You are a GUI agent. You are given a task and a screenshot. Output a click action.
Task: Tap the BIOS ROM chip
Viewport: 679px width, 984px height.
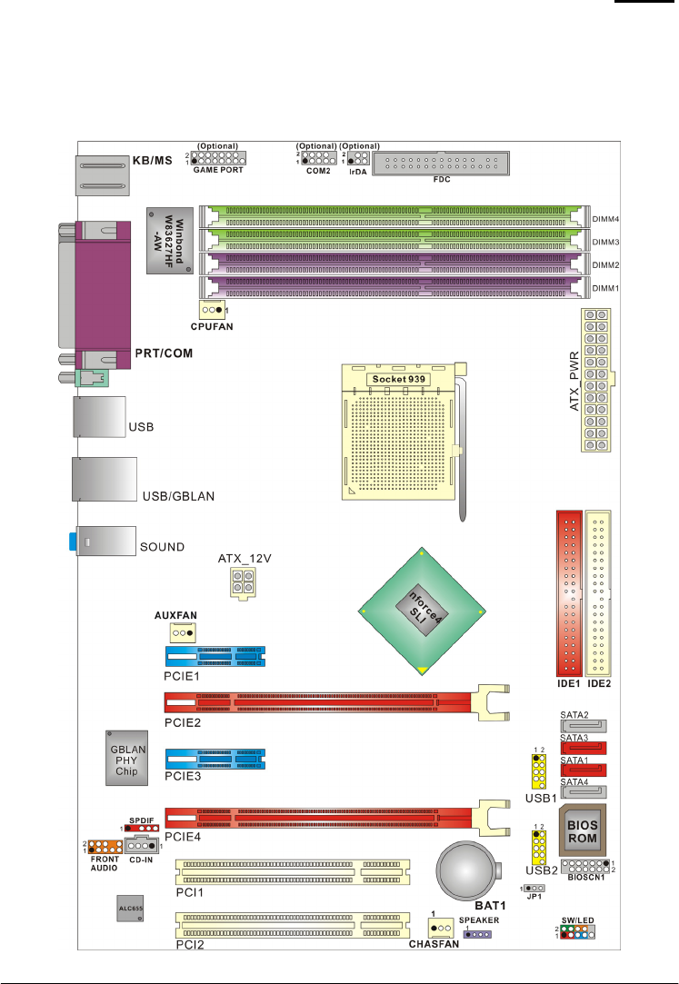pos(582,830)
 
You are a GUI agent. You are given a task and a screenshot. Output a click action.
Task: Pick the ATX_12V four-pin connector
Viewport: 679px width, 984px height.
pos(236,584)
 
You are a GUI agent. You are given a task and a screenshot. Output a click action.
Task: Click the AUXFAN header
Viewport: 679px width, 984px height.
pos(184,633)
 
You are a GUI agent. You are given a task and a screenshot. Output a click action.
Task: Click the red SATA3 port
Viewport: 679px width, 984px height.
pos(584,748)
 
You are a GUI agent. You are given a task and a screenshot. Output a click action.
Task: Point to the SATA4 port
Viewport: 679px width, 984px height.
pos(584,790)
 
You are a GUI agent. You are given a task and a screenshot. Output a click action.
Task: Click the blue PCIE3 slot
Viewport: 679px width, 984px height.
pos(215,759)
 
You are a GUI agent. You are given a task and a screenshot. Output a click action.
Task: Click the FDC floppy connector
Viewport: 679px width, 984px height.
pos(441,164)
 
